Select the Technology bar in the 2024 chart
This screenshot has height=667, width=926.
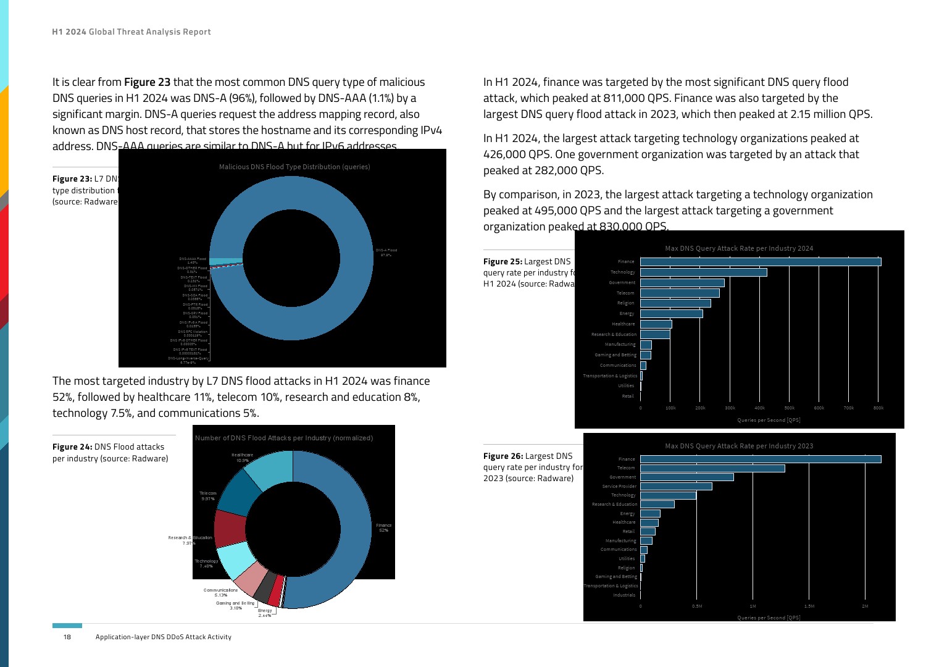pos(704,272)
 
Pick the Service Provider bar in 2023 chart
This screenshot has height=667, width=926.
pos(676,487)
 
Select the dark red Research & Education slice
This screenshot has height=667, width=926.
pos(230,528)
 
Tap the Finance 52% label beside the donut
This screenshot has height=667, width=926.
pos(383,528)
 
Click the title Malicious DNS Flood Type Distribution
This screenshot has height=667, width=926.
pos(294,167)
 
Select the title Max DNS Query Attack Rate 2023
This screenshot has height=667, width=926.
pos(739,446)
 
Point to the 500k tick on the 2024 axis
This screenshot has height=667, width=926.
pos(789,408)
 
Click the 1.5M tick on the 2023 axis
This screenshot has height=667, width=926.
pos(809,606)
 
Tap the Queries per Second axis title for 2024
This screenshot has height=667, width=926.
pos(769,420)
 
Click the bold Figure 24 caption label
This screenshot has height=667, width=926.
pos(72,447)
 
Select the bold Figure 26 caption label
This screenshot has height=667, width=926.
pos(503,456)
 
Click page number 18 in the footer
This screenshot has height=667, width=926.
pos(67,637)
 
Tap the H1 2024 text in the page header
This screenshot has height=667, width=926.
pos(69,32)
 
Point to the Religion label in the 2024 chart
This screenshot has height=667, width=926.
pos(625,303)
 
